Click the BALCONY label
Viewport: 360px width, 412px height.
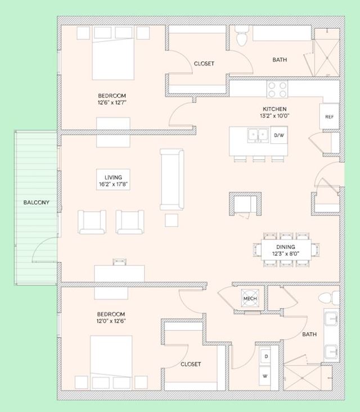37,202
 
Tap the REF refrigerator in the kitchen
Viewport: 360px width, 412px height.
329,117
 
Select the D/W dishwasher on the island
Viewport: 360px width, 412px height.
279,135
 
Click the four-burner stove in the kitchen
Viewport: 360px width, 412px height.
277,89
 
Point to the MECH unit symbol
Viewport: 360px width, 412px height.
250,298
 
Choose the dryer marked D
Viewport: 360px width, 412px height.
265,356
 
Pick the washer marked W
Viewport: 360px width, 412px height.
265,376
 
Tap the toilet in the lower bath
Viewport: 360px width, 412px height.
328,298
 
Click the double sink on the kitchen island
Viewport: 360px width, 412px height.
258,135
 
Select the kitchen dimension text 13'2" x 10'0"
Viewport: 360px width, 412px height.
274,116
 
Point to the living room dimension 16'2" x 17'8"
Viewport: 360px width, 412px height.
113,184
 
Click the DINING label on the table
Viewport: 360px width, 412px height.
286,247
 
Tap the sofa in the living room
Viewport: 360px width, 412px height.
172,179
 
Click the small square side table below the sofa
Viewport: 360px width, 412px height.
172,220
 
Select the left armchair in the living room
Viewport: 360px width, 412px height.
92,222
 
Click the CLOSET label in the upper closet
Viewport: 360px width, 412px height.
204,64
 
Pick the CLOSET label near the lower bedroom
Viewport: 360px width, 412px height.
191,364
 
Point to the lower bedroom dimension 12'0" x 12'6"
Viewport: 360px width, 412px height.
111,321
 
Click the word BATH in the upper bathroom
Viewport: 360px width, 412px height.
280,60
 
